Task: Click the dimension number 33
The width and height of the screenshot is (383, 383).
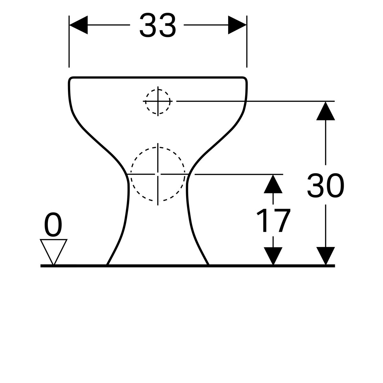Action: tap(158, 25)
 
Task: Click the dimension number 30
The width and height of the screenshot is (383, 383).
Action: tap(326, 185)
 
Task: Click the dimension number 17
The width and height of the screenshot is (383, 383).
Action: tap(274, 221)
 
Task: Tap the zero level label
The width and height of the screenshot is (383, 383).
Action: tap(53, 224)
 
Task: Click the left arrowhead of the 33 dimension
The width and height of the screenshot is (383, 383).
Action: tap(79, 25)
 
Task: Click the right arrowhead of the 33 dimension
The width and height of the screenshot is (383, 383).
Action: tap(237, 25)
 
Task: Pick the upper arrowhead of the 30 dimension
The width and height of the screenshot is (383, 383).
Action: tap(326, 111)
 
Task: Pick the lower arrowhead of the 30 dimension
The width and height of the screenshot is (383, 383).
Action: tap(326, 256)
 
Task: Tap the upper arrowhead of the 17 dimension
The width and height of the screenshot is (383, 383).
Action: tap(273, 184)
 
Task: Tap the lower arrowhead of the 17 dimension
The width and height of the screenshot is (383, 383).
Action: tap(273, 256)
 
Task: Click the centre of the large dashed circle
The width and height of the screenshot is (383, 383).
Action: tap(158, 174)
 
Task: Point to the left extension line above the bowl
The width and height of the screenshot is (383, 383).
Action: tap(69, 41)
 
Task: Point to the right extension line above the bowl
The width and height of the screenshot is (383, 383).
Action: tap(247, 41)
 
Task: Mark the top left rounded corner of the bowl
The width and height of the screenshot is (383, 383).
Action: tap(71, 79)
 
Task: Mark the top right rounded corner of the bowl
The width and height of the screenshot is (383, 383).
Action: tap(245, 79)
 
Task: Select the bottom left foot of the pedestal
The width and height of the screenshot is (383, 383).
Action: tap(108, 264)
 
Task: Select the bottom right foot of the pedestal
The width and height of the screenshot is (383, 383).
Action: tap(208, 264)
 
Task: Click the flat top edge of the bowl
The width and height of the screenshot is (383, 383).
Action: tap(158, 77)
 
